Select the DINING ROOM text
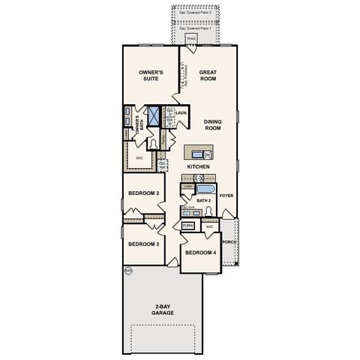point(212,126)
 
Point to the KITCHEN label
point(198,167)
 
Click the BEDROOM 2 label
point(143,193)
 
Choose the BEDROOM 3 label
point(142,244)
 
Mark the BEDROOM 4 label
point(201,252)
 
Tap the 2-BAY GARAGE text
point(163,309)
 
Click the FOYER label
point(226,196)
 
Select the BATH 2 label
point(204,201)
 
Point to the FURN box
point(187,225)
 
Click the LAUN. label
point(181,112)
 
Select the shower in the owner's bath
point(154,115)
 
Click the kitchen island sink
point(196,153)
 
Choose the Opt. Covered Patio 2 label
point(193,13)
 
